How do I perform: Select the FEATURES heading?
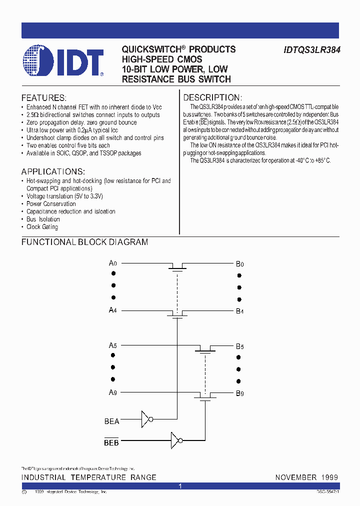pyautogui.click(x=43, y=97)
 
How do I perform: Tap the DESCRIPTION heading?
pyautogui.click(x=212, y=97)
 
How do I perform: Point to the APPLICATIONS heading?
pyautogui.click(x=53, y=171)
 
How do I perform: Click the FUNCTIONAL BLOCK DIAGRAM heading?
pyautogui.click(x=84, y=242)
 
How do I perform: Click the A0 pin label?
pyautogui.click(x=113, y=262)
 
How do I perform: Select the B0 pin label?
pyautogui.click(x=239, y=263)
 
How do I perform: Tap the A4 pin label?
pyautogui.click(x=113, y=310)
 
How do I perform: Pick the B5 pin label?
pyautogui.click(x=239, y=346)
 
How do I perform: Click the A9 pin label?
pyautogui.click(x=113, y=392)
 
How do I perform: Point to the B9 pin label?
pyautogui.click(x=239, y=393)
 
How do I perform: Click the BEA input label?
pyautogui.click(x=111, y=421)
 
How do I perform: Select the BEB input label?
pyautogui.click(x=111, y=442)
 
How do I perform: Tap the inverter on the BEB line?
pyautogui.click(x=175, y=440)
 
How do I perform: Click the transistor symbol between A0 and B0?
pyautogui.click(x=176, y=266)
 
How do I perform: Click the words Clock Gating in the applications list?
pyautogui.click(x=42, y=227)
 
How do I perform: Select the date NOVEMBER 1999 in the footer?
pyautogui.click(x=306, y=477)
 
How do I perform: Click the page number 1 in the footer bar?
pyautogui.click(x=180, y=486)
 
